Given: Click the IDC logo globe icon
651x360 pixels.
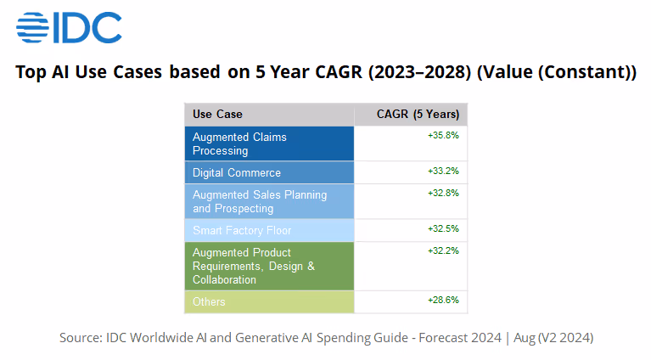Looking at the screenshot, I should [33, 27].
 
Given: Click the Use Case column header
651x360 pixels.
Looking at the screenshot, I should [217, 115].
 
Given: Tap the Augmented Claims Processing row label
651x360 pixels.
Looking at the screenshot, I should [239, 143].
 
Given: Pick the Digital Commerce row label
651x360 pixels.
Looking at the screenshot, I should [237, 172].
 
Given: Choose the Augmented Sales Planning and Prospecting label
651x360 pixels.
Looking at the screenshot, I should [259, 201].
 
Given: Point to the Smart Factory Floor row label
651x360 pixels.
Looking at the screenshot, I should [242, 230].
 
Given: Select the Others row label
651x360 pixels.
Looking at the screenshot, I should [209, 301].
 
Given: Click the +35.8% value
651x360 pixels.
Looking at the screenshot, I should [443, 135].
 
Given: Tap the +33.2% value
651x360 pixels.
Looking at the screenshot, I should [443, 171].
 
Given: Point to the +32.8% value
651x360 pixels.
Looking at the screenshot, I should [443, 193].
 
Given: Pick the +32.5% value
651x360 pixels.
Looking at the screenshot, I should [443, 228].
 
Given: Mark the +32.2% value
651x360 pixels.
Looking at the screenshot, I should [443, 250].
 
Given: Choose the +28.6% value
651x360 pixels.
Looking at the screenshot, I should [443, 300].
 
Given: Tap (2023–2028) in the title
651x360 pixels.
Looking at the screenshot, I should [419, 72].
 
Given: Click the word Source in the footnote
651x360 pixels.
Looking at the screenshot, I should [81, 338].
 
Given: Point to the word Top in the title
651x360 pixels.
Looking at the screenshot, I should [31, 72].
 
